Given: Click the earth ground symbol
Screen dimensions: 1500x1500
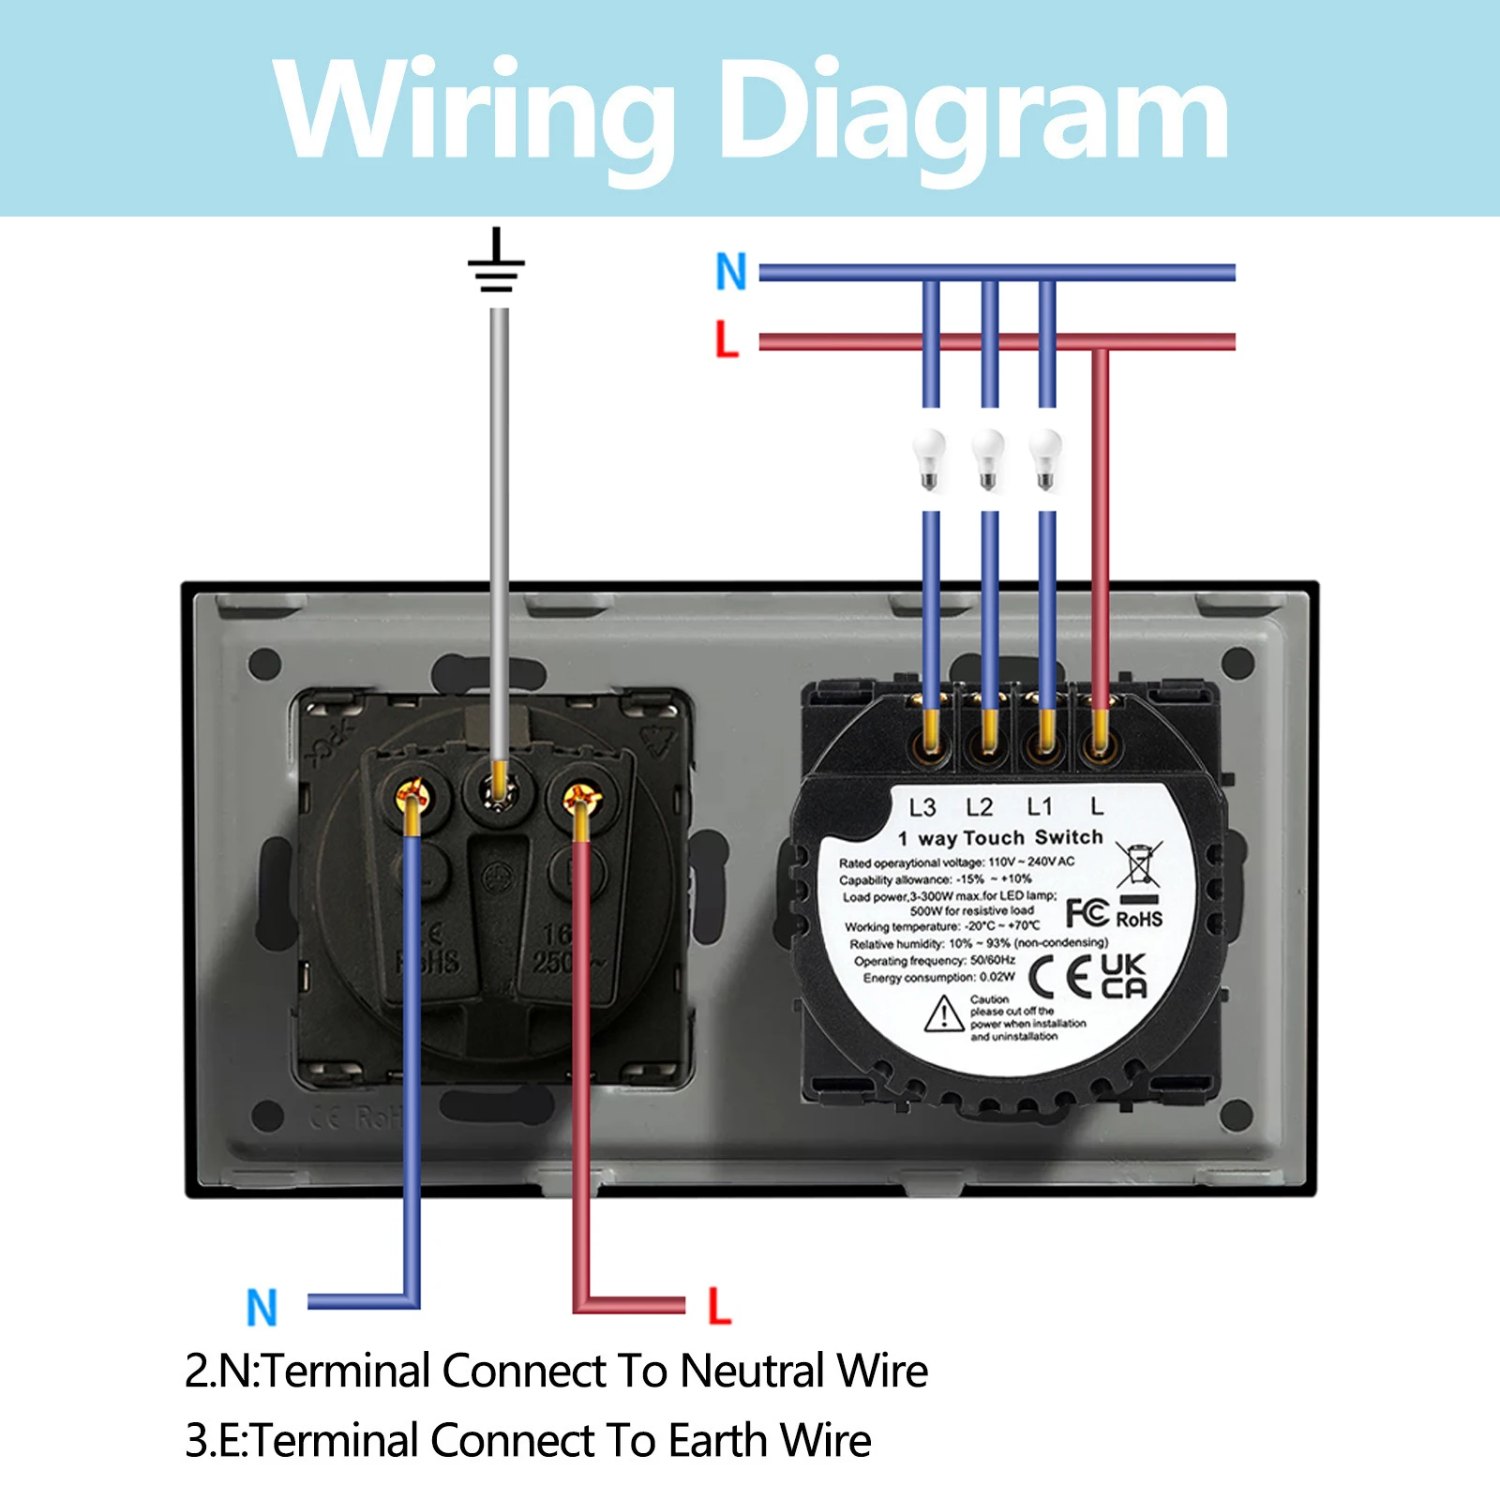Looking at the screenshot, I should coord(496,262).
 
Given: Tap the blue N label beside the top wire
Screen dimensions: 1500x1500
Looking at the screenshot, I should coord(731,272).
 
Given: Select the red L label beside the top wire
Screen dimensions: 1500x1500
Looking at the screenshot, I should coord(727,338).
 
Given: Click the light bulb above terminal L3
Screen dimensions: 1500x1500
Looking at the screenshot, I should coord(929,458).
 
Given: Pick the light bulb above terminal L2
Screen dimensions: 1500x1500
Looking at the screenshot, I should coord(987,458).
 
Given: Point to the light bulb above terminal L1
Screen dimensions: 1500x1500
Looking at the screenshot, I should coord(1045,458).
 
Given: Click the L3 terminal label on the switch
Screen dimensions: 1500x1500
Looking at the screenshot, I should coord(922,807).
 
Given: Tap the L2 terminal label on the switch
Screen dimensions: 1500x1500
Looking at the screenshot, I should coord(980,807).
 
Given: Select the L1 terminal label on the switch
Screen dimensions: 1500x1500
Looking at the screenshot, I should coord(1040,806).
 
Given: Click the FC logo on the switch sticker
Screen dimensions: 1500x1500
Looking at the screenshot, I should coord(1087,912).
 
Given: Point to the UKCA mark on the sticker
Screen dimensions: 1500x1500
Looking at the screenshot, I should coord(1123,976).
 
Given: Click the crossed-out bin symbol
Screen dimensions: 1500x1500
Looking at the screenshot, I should coord(1138,863).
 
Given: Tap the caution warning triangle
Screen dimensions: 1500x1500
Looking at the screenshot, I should coord(944,1014).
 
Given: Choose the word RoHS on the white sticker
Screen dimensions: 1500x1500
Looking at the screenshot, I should coord(1139,919).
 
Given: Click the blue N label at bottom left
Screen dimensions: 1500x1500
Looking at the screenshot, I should coord(262,1307).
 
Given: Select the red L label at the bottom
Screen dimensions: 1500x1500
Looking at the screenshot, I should coord(719,1305).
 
